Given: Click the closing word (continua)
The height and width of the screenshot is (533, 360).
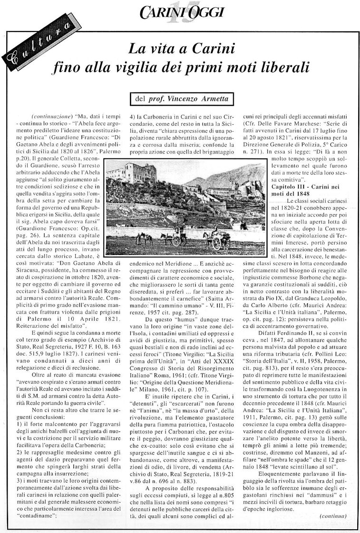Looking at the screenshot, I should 333,515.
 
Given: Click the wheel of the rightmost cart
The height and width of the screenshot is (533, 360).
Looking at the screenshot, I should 217,243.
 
